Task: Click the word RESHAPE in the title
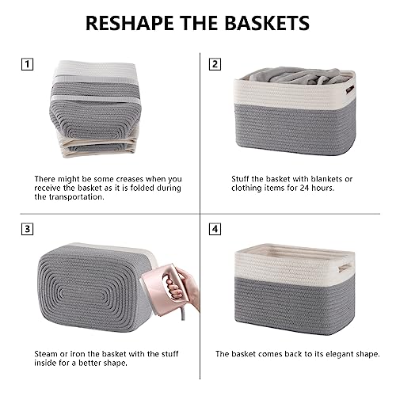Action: (130, 23)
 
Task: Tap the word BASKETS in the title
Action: (267, 23)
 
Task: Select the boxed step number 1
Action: (27, 64)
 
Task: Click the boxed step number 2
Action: (215, 64)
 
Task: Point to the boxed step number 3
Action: (27, 229)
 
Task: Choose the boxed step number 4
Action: (215, 229)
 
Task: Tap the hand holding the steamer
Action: (184, 287)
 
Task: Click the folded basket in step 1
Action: (95, 109)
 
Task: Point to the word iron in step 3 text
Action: (76, 354)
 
